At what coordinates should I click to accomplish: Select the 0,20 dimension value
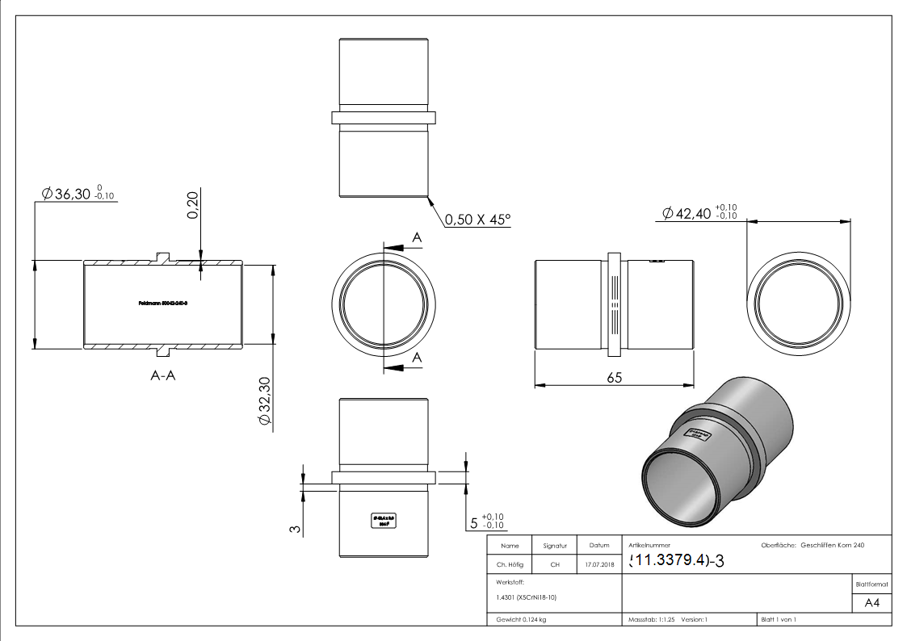point(193,206)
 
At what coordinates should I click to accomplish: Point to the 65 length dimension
point(614,377)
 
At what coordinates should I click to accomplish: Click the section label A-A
point(162,375)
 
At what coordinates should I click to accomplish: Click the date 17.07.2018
point(598,564)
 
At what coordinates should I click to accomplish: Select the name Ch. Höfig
point(510,564)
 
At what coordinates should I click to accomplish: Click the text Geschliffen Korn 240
point(832,546)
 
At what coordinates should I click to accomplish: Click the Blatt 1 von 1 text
point(779,619)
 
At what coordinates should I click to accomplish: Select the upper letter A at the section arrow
point(417,237)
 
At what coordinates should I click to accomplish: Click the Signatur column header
point(555,546)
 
